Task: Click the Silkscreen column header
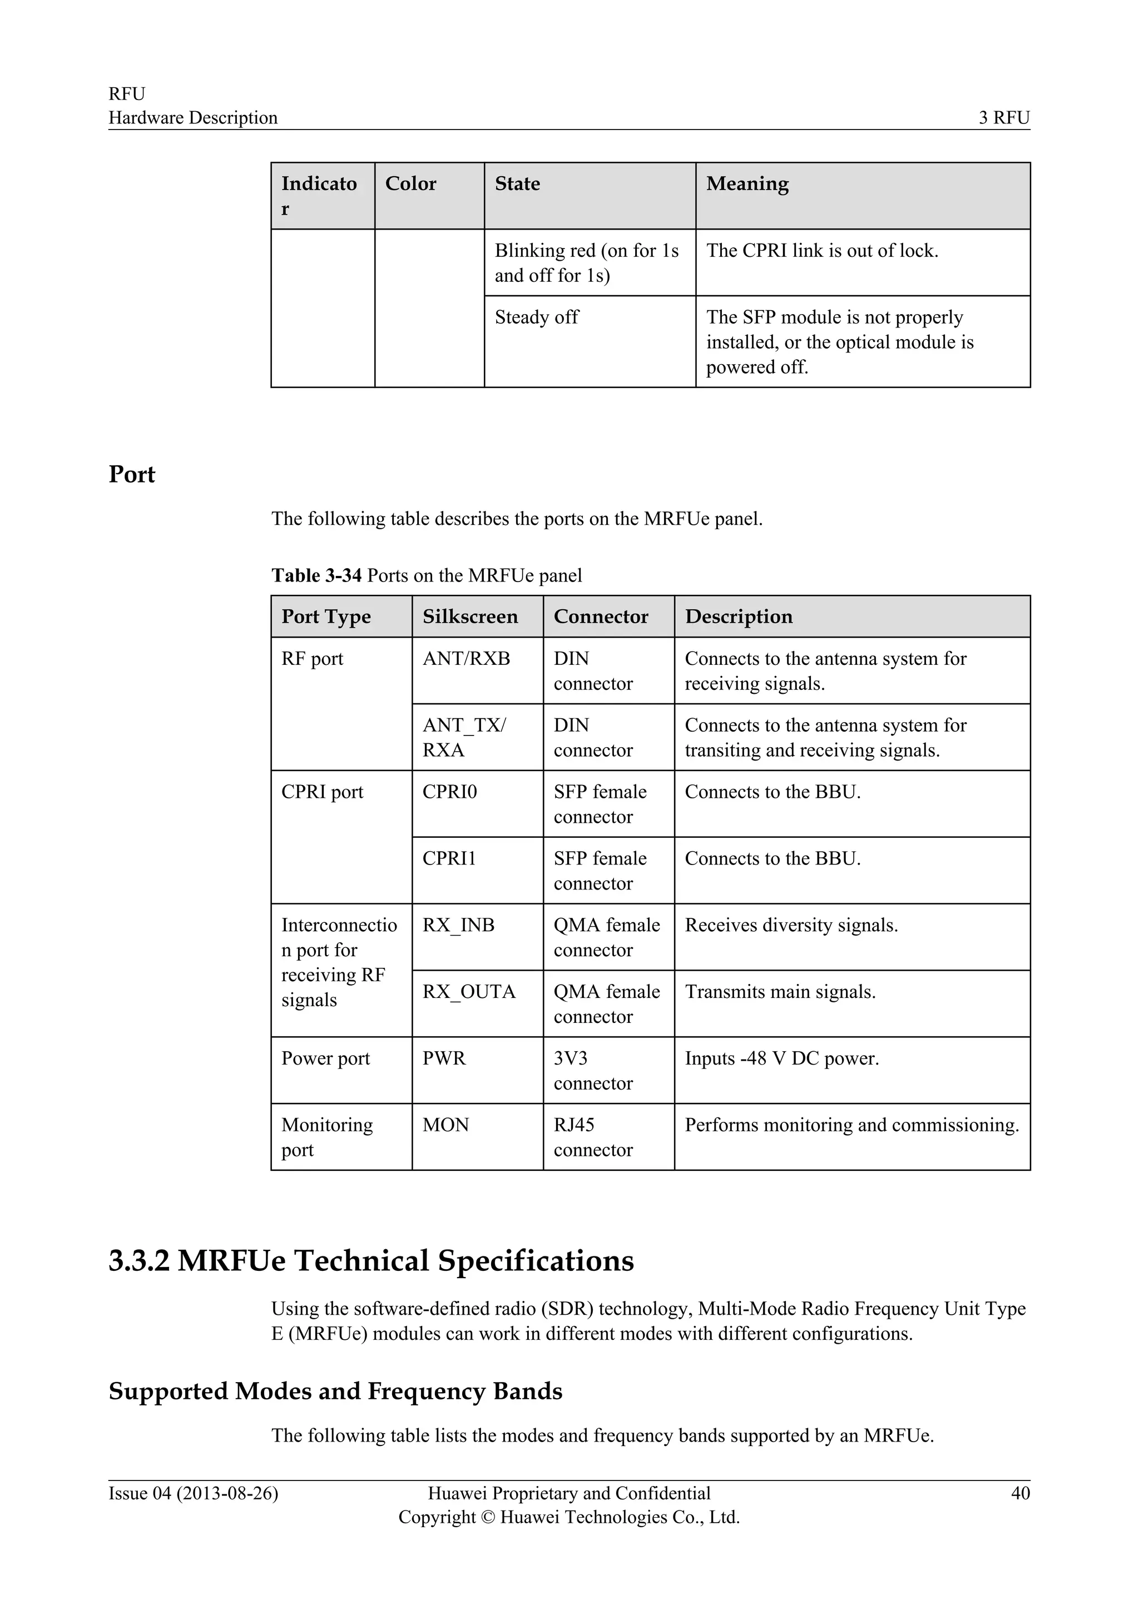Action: tap(470, 617)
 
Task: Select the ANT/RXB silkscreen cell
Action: tap(467, 658)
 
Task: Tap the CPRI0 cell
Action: tap(449, 792)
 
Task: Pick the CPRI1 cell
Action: tap(449, 858)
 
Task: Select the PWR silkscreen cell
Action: tap(444, 1058)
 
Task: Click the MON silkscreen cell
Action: tap(445, 1125)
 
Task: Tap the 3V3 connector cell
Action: tap(593, 1071)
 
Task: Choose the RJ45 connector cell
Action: tap(593, 1137)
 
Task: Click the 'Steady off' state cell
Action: tap(537, 317)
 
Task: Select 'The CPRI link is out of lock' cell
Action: tap(822, 250)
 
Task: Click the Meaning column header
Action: tap(747, 183)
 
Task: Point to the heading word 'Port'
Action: tap(132, 475)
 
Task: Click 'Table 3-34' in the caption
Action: tap(316, 576)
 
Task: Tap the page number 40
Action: tap(1020, 1493)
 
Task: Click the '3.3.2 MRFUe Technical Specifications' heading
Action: tap(371, 1260)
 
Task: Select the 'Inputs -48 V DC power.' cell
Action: tap(781, 1058)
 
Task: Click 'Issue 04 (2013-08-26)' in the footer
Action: tap(193, 1493)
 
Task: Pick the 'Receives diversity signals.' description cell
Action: tap(791, 925)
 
